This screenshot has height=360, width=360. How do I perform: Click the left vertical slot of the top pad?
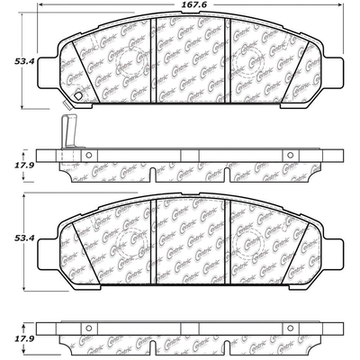149,63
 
